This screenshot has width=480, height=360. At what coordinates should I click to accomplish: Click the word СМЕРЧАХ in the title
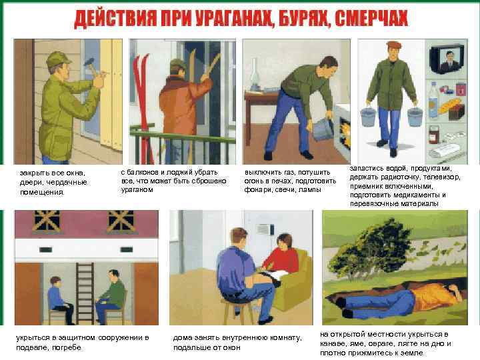pyautogui.click(x=371, y=19)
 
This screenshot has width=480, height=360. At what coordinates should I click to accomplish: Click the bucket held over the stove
pyautogui.click(x=323, y=129)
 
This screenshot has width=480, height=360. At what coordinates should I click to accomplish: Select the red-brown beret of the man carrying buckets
pyautogui.click(x=394, y=45)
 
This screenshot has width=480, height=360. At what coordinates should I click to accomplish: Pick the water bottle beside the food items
pyautogui.click(x=433, y=101)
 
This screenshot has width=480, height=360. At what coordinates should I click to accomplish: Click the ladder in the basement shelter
pyautogui.click(x=85, y=293)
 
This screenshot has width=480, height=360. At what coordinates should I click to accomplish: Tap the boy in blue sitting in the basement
pyautogui.click(x=59, y=300)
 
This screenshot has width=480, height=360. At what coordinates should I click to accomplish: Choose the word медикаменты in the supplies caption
pyautogui.click(x=412, y=195)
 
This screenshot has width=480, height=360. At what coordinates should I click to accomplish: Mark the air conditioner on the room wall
pyautogui.click(x=265, y=229)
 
